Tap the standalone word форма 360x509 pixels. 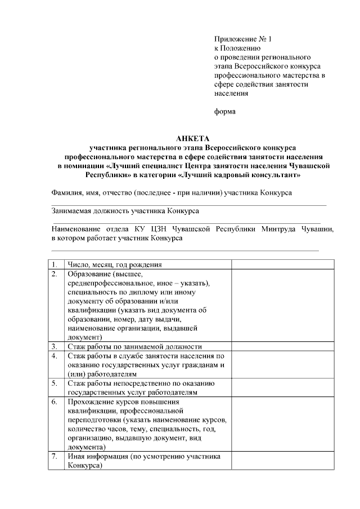(x=225, y=111)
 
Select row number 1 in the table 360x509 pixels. (x=55, y=264)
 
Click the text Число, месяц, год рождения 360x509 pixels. (x=115, y=264)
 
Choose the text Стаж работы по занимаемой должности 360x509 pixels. (x=134, y=346)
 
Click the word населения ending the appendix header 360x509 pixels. (x=231, y=93)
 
